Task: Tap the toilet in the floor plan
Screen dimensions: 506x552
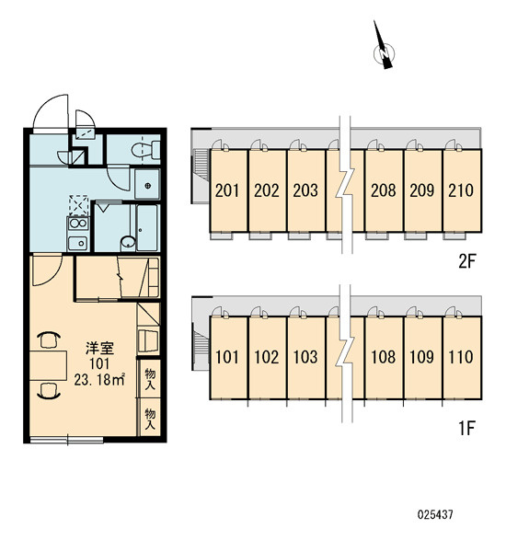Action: [146, 150]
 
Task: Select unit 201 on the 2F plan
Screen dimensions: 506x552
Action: [228, 190]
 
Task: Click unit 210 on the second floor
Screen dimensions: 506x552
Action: [461, 190]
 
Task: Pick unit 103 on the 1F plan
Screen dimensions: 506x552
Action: [305, 357]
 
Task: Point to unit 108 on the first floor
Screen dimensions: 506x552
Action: [383, 357]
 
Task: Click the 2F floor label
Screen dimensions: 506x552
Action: [467, 261]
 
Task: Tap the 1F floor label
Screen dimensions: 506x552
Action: [467, 429]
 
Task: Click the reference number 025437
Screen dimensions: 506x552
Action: [435, 514]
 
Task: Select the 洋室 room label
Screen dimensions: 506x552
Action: [100, 348]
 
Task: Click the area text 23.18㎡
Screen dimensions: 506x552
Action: [99, 379]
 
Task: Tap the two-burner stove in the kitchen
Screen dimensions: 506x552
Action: [78, 224]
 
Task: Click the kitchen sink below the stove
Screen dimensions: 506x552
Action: [78, 243]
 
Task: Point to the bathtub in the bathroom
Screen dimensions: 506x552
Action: [148, 228]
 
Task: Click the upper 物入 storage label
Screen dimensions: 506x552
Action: [150, 379]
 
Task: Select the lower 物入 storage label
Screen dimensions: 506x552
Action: [150, 419]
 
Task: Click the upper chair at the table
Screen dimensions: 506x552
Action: [49, 340]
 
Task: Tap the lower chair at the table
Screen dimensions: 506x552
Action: [49, 391]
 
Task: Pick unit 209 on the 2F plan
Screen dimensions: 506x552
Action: [422, 190]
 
